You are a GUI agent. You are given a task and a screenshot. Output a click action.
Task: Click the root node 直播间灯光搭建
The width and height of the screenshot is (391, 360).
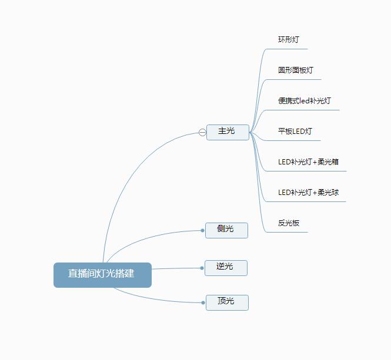click(x=102, y=275)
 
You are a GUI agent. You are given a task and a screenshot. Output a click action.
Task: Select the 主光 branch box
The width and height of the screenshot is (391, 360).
click(x=228, y=132)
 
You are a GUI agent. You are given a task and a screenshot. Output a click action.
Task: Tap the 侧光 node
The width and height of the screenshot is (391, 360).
click(x=226, y=230)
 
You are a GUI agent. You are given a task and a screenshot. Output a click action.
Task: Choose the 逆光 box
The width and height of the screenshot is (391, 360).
click(x=226, y=268)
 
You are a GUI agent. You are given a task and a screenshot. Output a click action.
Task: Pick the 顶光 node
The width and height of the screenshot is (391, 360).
click(x=227, y=302)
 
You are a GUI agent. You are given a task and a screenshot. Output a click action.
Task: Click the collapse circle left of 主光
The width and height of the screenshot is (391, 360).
click(x=202, y=132)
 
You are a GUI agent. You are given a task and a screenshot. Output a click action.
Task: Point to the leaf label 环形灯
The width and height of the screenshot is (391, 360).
click(x=289, y=39)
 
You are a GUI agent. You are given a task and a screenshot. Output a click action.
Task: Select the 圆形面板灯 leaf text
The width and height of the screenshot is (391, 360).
click(x=296, y=70)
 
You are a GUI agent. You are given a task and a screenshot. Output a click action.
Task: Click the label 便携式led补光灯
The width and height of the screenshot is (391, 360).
click(x=304, y=101)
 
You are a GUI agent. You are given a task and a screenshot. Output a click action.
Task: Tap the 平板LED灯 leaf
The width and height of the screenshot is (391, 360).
click(x=295, y=132)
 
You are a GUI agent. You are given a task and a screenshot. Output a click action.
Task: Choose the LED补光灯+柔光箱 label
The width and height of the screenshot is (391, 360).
click(x=308, y=162)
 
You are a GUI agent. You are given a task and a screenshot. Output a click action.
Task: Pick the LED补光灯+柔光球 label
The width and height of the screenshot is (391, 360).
click(x=308, y=193)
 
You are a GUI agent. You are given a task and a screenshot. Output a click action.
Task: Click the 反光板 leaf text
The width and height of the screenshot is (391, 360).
click(x=289, y=223)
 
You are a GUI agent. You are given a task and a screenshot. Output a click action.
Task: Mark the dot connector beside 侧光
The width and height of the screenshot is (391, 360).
click(x=202, y=230)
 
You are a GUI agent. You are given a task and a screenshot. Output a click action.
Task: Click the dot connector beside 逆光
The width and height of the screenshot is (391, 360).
click(x=202, y=268)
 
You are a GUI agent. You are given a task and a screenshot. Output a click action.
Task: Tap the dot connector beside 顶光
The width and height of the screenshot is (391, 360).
click(x=203, y=302)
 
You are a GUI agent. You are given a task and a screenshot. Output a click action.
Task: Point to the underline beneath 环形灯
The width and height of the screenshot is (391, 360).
click(x=288, y=49)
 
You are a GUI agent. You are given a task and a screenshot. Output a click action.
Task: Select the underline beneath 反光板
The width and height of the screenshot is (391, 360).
click(x=288, y=232)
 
